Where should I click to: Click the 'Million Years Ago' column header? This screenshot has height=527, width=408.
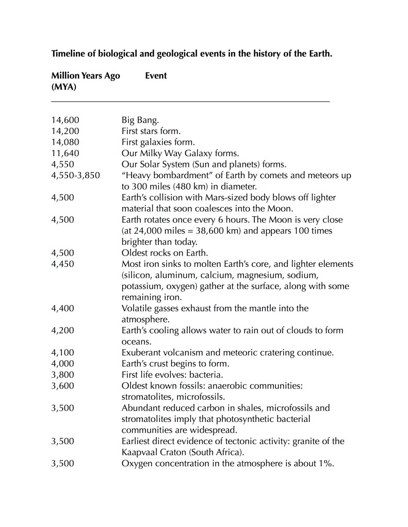click(86, 76)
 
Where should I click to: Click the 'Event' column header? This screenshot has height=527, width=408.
click(156, 76)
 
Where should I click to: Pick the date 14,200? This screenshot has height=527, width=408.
click(65, 131)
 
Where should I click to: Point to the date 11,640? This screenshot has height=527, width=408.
click(65, 153)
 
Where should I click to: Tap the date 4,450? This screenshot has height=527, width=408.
click(63, 264)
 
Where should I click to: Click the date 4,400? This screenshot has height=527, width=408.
click(63, 309)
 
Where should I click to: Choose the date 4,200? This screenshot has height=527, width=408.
click(63, 331)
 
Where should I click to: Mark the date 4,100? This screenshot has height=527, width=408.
click(63, 353)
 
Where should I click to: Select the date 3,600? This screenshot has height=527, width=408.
click(63, 386)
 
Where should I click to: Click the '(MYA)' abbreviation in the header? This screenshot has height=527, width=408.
click(64, 87)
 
